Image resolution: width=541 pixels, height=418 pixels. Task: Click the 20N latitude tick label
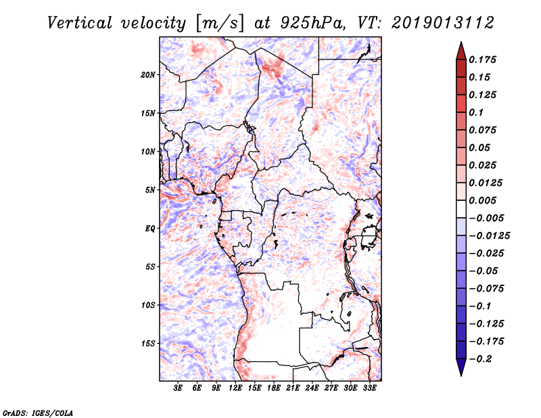pos(148,75)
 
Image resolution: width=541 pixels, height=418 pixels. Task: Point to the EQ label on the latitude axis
pos(150,229)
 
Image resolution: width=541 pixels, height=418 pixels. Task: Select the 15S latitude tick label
pos(148,344)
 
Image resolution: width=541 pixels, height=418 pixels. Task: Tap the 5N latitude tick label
pos(150,190)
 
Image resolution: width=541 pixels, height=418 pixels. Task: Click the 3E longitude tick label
pos(178,388)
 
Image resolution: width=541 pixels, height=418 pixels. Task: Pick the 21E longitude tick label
pos(293,388)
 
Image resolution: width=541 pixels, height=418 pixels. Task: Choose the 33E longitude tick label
pos(369,388)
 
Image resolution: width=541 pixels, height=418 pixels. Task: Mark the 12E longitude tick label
pos(235,388)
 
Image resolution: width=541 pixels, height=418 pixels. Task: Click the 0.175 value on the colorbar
pos(482,60)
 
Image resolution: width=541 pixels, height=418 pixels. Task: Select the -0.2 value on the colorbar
pos(480,359)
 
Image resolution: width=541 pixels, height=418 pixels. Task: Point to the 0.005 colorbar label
pos(482,200)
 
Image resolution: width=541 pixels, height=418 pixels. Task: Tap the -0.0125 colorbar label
pos(490,236)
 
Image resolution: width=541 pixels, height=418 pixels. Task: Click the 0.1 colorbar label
pos(476,112)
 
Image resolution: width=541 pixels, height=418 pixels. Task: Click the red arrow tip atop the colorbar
pos(461,43)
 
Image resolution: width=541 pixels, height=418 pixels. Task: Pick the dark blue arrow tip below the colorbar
pos(461,375)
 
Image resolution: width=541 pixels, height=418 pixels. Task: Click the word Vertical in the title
pos(79,23)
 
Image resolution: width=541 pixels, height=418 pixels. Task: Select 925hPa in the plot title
pos(312,23)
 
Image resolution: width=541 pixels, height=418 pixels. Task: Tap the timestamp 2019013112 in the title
pos(443,23)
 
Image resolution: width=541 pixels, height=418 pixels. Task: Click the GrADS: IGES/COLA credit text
pos(38,413)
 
